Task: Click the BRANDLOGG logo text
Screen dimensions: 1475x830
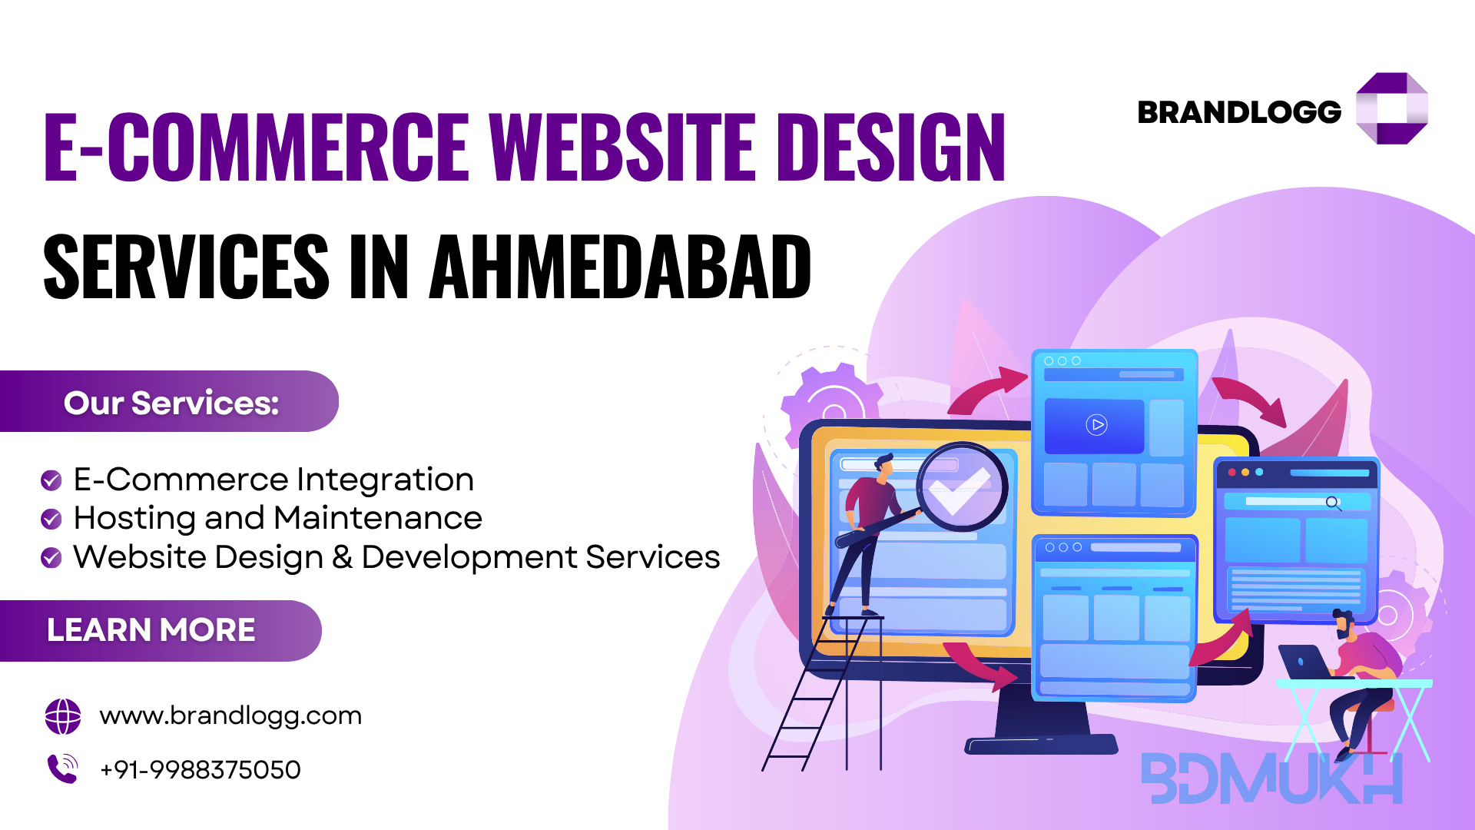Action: click(1239, 112)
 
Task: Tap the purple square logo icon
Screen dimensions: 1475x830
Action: click(1391, 108)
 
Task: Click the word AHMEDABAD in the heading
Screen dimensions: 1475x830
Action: click(620, 267)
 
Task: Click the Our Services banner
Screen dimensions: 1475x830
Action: click(169, 401)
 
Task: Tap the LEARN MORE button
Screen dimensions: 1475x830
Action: click(160, 630)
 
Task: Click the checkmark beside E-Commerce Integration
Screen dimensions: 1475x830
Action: click(51, 480)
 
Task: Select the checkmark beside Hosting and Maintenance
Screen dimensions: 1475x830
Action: click(51, 519)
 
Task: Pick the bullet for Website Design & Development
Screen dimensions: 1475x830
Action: click(51, 557)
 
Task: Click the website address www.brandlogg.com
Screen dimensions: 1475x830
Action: click(230, 715)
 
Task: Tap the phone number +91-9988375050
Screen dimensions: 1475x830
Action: click(201, 769)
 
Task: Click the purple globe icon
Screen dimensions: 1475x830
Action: click(63, 716)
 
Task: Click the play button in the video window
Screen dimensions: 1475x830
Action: click(1096, 424)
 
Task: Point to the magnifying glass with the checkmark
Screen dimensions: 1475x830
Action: click(960, 487)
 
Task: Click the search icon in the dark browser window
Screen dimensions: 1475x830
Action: click(1334, 503)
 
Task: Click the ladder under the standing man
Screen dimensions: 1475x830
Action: click(822, 692)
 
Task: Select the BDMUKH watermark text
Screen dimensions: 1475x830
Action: click(1272, 778)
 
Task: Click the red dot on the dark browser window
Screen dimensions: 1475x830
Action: click(1232, 472)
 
